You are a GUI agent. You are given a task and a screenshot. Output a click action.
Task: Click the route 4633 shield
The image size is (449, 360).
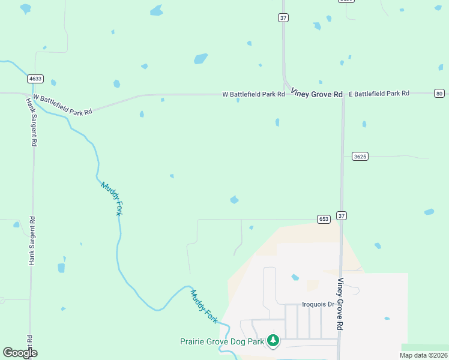click(x=35, y=79)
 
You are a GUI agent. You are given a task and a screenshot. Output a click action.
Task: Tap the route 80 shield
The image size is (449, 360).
click(x=439, y=93)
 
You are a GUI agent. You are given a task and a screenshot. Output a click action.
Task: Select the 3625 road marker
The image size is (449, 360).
click(x=360, y=156)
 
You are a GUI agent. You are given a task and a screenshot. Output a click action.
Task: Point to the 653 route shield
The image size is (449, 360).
click(x=324, y=219)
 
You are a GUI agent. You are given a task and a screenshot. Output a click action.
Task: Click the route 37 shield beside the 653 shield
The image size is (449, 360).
click(x=342, y=215)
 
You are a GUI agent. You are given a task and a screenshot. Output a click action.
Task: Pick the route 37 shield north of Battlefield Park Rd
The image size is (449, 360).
click(x=283, y=18)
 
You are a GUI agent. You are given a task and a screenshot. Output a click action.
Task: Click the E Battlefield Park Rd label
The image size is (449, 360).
click(x=379, y=94)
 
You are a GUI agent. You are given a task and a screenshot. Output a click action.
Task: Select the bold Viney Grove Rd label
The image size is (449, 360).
click(x=316, y=94)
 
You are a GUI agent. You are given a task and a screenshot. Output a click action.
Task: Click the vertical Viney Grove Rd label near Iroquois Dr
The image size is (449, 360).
click(x=340, y=304)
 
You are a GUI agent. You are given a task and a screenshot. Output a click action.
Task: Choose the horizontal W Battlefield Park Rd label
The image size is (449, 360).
click(x=253, y=94)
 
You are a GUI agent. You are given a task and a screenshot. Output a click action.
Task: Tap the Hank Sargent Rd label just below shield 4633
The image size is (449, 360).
click(x=32, y=122)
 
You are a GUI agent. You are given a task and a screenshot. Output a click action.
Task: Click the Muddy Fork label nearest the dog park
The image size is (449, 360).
click(x=204, y=307)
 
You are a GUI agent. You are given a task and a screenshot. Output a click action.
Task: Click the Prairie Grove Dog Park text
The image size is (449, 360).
click(x=222, y=341)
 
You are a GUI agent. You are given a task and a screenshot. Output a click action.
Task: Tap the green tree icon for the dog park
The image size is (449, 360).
click(x=273, y=340)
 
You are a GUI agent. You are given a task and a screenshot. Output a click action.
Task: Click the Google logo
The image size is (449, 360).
click(x=20, y=353)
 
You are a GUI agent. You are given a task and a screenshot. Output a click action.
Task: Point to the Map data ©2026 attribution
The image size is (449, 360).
click(x=423, y=355)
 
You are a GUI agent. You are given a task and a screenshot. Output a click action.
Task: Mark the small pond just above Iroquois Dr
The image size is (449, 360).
click(x=295, y=277)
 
